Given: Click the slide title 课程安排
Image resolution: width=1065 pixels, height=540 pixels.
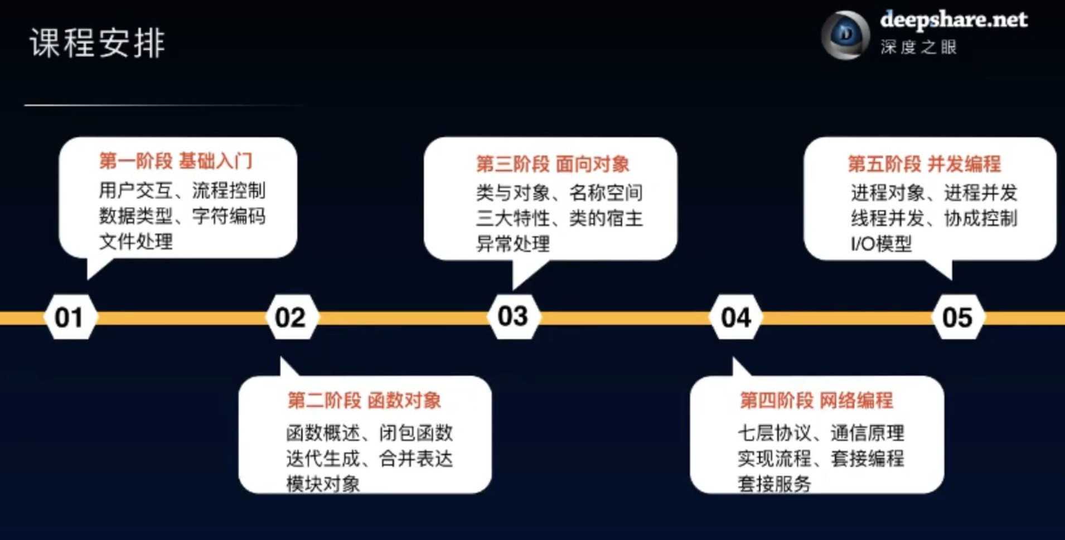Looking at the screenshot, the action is [98, 43].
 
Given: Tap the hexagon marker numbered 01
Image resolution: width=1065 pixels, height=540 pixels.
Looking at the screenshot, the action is [69, 317].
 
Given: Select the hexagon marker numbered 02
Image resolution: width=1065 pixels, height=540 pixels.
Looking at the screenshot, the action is [291, 317].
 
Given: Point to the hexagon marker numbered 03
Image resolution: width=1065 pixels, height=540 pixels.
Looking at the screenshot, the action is [512, 316].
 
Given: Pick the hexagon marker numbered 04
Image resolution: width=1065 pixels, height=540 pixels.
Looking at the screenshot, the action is [735, 317].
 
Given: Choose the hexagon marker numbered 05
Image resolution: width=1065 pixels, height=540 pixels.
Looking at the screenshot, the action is [957, 317].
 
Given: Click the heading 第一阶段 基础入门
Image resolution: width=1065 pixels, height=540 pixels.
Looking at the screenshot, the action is [176, 161].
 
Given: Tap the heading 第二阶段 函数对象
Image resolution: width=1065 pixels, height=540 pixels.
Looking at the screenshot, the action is [364, 400].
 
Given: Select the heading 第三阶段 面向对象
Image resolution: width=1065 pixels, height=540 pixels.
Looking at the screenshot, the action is [553, 164].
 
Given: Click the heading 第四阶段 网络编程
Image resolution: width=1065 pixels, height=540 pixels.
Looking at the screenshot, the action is [816, 400].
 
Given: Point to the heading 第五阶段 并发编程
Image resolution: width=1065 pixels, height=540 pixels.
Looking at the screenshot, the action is [924, 164].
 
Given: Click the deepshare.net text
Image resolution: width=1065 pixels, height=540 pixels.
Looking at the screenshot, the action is [953, 20].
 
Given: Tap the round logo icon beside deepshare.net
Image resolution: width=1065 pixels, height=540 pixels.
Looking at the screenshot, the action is [845, 35].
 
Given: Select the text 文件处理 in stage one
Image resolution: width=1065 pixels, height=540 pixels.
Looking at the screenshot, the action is [136, 242].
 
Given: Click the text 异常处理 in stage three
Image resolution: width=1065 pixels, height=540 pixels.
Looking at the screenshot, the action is [513, 244].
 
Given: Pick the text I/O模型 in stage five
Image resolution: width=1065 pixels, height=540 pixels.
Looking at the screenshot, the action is [881, 244].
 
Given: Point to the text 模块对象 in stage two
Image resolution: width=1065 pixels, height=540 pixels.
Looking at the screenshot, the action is [323, 484].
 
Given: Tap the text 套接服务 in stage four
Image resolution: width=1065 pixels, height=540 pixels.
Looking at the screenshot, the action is [774, 484].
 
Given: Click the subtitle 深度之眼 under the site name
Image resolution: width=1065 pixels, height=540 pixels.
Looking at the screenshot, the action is [918, 47].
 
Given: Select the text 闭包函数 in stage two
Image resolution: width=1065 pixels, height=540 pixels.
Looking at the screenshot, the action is [416, 433].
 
